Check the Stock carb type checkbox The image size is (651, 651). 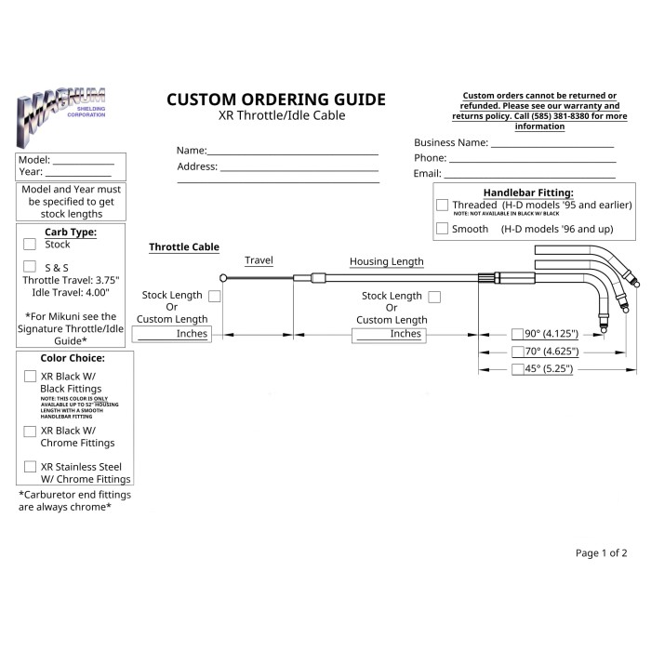coord(30,245)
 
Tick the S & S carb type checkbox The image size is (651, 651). coord(30,266)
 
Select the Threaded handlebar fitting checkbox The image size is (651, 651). coord(442,205)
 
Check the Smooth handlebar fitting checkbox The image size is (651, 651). coord(442,229)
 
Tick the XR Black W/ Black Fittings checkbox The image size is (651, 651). coord(30,377)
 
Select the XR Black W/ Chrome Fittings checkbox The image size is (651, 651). coord(30,432)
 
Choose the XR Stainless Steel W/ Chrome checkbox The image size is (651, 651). coord(30,467)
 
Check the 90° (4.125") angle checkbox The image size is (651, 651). coord(518,334)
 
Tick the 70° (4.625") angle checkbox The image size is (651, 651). coord(518,352)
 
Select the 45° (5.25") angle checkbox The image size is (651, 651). coord(518,369)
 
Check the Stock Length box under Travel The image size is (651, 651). coord(215,296)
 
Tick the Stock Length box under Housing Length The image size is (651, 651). coord(435,296)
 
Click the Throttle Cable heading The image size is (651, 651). coord(184,247)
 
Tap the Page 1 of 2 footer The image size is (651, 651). coord(601,553)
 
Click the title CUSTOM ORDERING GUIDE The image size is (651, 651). coord(275,100)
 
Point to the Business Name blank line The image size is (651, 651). coord(552,145)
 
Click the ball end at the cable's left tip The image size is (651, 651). coord(224,276)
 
